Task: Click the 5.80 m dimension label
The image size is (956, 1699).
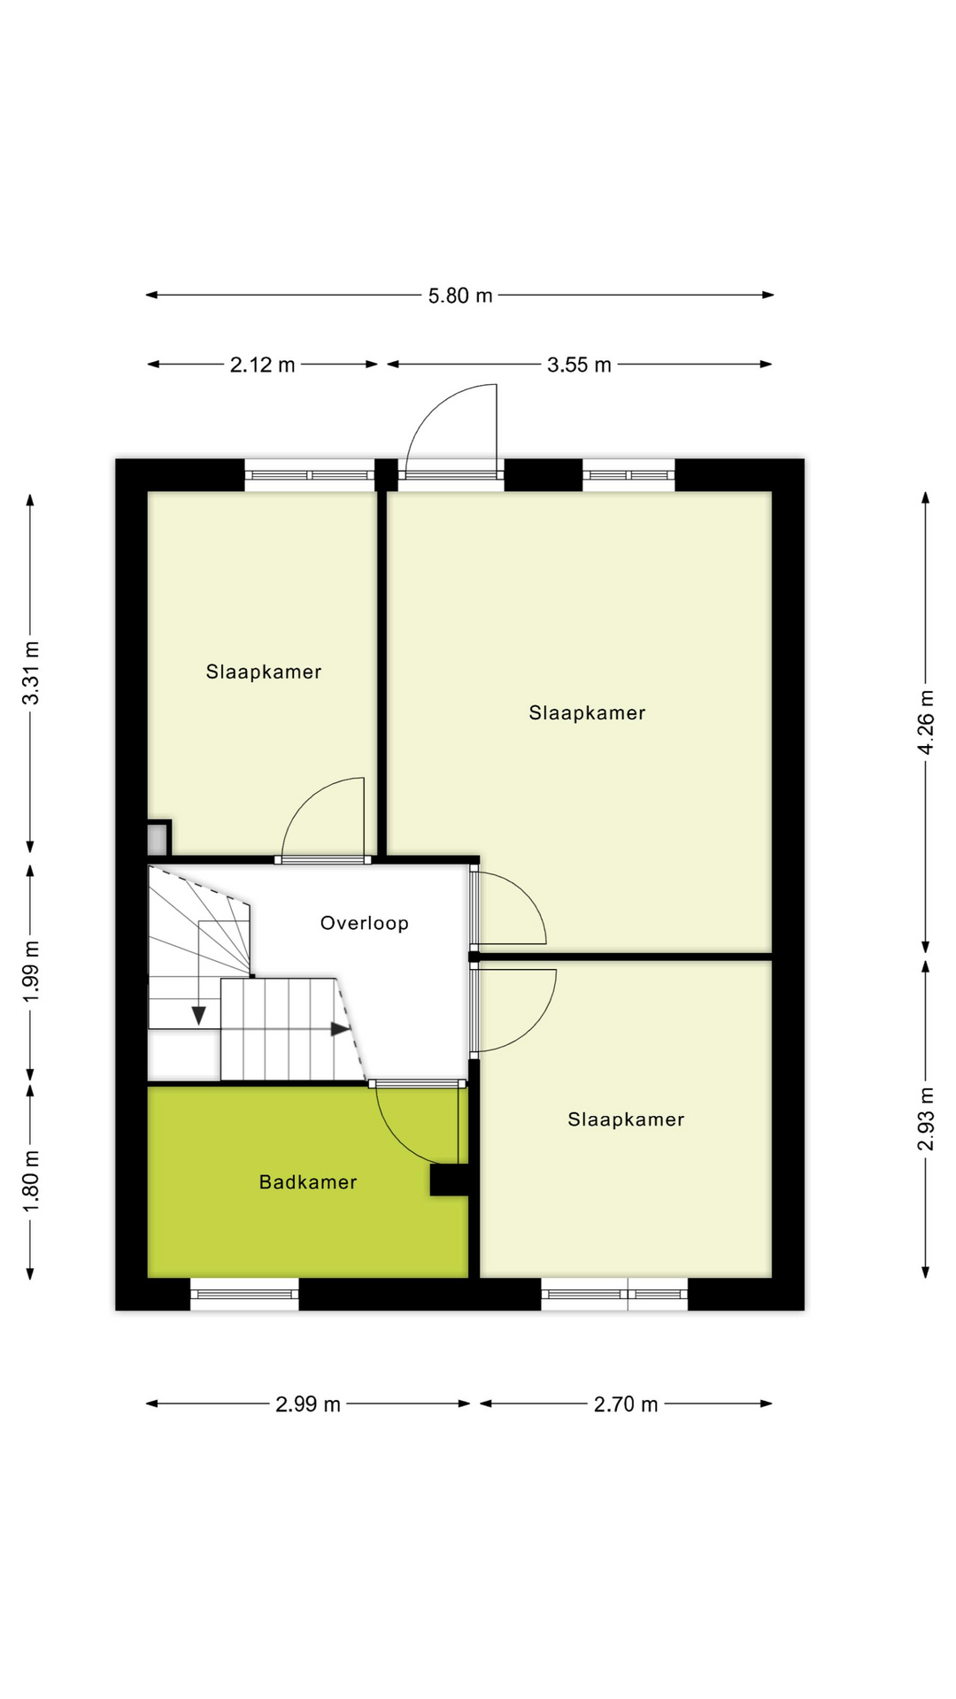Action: coord(460,296)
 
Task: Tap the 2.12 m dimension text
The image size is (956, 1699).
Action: coord(262,365)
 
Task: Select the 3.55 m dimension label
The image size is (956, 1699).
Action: coord(579,365)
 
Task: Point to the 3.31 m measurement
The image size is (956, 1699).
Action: coord(31,673)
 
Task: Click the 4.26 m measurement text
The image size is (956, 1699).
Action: coord(926,721)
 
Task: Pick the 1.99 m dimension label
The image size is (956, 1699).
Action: coord(31,972)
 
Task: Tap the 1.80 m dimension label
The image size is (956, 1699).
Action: coord(31,1181)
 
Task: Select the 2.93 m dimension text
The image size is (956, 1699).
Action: coord(926,1119)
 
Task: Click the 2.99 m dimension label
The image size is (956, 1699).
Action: coord(308,1404)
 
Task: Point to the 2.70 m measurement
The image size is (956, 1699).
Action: coord(626,1404)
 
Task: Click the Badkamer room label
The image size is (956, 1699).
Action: coord(308,1182)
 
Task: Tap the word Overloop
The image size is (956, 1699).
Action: coord(365,923)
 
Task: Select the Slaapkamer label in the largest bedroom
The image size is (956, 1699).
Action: coord(587,713)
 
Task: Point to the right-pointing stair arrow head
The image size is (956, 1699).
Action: coord(340,1029)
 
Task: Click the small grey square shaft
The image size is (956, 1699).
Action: coord(158,838)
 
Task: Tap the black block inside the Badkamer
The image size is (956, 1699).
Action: coord(449,1180)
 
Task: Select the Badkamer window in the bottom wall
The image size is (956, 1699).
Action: coord(244,1294)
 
